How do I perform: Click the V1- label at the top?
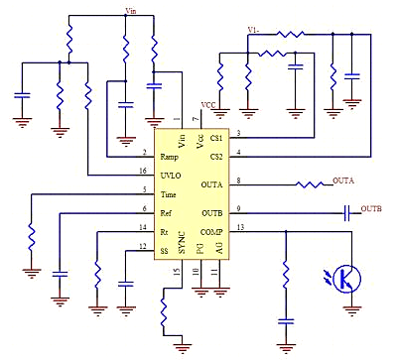click(254, 29)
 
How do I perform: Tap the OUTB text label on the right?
click(370, 210)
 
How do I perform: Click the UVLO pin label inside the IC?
click(171, 174)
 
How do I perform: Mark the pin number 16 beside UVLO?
click(144, 170)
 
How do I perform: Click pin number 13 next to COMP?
click(239, 227)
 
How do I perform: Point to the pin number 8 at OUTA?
click(238, 180)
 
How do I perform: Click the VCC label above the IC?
click(208, 105)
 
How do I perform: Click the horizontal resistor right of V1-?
click(290, 34)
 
